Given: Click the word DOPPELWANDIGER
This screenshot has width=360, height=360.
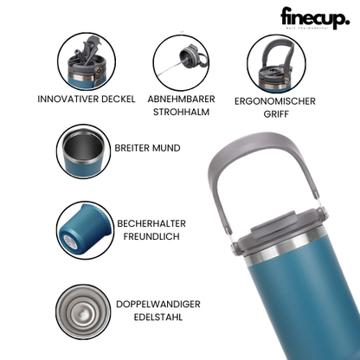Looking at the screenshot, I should (x=158, y=305).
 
